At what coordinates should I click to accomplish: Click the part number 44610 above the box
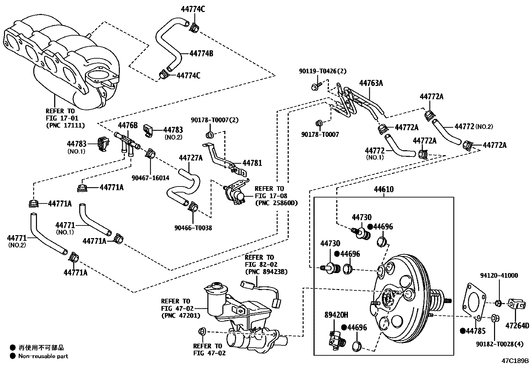[384, 189]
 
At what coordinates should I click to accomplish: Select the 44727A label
[190, 158]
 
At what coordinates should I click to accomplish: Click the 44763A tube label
[371, 83]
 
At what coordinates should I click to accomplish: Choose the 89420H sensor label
[336, 315]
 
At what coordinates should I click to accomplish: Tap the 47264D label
[517, 325]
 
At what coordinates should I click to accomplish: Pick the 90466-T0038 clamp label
[193, 228]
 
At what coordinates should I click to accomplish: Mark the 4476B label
[128, 125]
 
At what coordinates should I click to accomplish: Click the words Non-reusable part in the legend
[43, 356]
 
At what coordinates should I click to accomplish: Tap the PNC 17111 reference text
[65, 126]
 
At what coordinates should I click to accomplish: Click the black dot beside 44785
[462, 331]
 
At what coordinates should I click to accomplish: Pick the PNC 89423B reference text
[266, 272]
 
